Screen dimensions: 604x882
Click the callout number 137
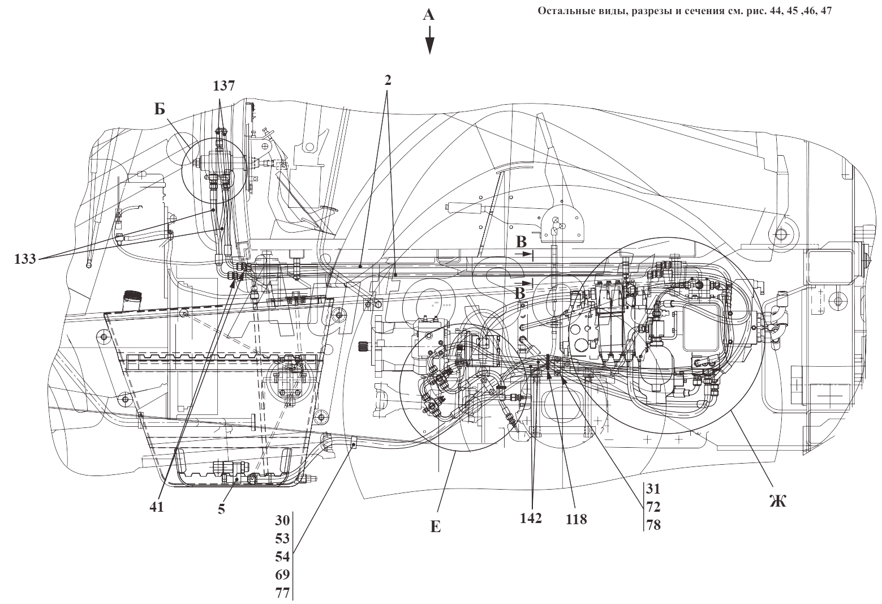223,85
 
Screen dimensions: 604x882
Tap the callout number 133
24,259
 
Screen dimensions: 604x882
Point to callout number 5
221,509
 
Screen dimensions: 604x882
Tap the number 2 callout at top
388,79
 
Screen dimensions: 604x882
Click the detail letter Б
160,109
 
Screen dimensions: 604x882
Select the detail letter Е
435,528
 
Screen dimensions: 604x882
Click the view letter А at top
429,15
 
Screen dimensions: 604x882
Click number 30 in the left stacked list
282,520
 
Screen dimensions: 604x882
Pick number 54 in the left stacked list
282,556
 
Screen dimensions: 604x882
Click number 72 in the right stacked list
653,507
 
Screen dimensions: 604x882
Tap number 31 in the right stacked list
653,489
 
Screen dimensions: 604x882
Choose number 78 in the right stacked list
653,525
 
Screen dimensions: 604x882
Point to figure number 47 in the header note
825,12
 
